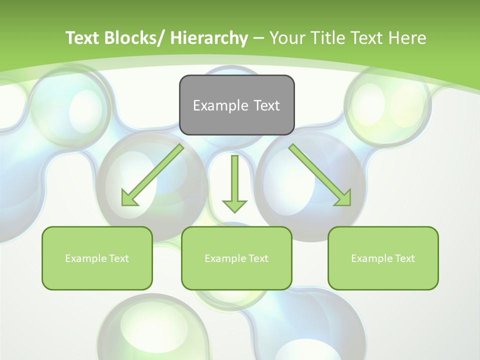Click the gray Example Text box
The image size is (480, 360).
tap(236, 105)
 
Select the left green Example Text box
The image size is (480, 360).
tap(97, 258)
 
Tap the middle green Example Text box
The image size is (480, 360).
tap(236, 258)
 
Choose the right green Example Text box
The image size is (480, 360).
tap(383, 258)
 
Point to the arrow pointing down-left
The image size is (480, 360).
tap(152, 175)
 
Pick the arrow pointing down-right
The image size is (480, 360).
tap(320, 175)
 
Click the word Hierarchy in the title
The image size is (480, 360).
tap(209, 38)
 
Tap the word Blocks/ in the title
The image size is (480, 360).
tap(134, 38)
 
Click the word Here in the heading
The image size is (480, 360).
tap(407, 38)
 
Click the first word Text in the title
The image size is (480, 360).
tap(82, 38)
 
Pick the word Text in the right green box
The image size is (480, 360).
tap(404, 258)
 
